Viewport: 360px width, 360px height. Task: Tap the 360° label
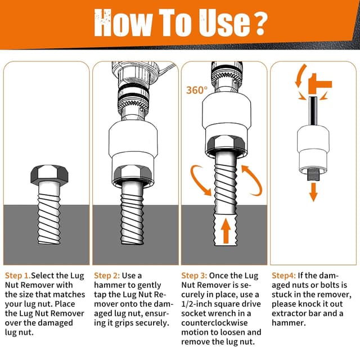click(x=196, y=90)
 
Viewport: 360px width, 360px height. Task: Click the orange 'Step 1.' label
click(x=17, y=276)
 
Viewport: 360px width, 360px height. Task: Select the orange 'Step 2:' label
click(x=107, y=276)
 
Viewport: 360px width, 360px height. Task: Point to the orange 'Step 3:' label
click(x=194, y=276)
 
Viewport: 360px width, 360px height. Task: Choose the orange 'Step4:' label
click(x=283, y=276)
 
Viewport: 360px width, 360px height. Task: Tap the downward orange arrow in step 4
click(x=313, y=192)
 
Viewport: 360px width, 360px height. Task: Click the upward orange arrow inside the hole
click(x=226, y=231)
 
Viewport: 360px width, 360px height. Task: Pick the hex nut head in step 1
click(x=49, y=174)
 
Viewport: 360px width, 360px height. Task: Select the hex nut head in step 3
click(x=226, y=143)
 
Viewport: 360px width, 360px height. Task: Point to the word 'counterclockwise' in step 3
click(x=214, y=323)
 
